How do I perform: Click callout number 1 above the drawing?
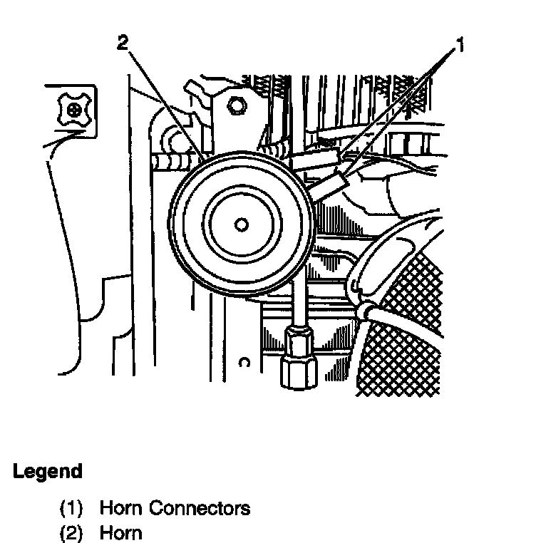(460, 46)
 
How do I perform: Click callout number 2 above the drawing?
(123, 43)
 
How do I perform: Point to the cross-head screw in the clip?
(74, 110)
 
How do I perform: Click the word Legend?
(47, 471)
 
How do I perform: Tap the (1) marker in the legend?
(71, 508)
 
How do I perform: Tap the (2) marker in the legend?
(71, 533)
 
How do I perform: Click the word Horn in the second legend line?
(120, 533)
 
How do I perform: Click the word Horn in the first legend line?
(120, 508)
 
